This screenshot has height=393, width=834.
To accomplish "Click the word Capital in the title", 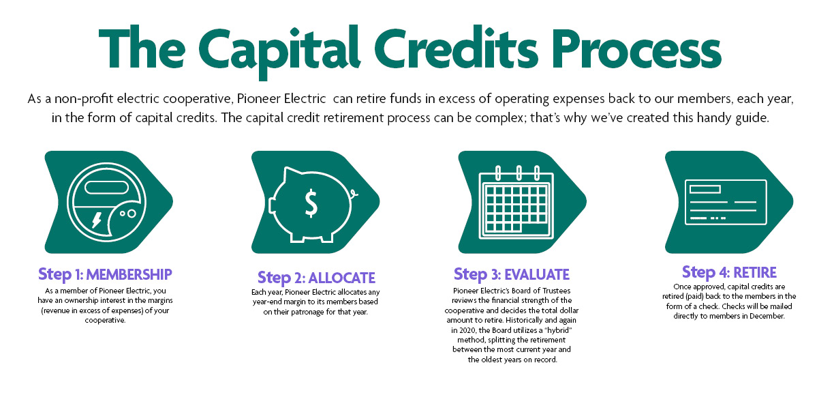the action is click(x=279, y=51).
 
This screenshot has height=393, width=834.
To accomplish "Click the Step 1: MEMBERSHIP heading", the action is click(x=105, y=275).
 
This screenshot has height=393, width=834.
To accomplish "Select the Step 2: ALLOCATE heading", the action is click(x=316, y=278).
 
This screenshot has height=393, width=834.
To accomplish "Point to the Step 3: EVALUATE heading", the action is click(x=511, y=275).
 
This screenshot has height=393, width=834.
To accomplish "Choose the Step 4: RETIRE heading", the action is click(x=729, y=272).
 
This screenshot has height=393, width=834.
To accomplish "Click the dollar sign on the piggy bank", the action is click(x=311, y=203).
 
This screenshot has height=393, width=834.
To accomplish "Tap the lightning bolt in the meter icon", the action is click(x=97, y=220).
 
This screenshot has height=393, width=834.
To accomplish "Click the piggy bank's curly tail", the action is click(x=354, y=193).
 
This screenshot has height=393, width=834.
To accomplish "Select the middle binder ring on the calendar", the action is click(x=519, y=173).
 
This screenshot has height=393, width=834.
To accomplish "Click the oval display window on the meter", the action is click(x=107, y=188).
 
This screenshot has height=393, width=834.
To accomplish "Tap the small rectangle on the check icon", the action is click(x=705, y=190).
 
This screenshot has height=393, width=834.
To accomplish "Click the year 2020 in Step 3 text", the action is click(x=467, y=330).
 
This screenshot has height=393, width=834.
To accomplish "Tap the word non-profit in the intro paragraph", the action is click(x=84, y=99).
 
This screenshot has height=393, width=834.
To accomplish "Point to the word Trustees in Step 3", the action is click(x=556, y=291).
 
